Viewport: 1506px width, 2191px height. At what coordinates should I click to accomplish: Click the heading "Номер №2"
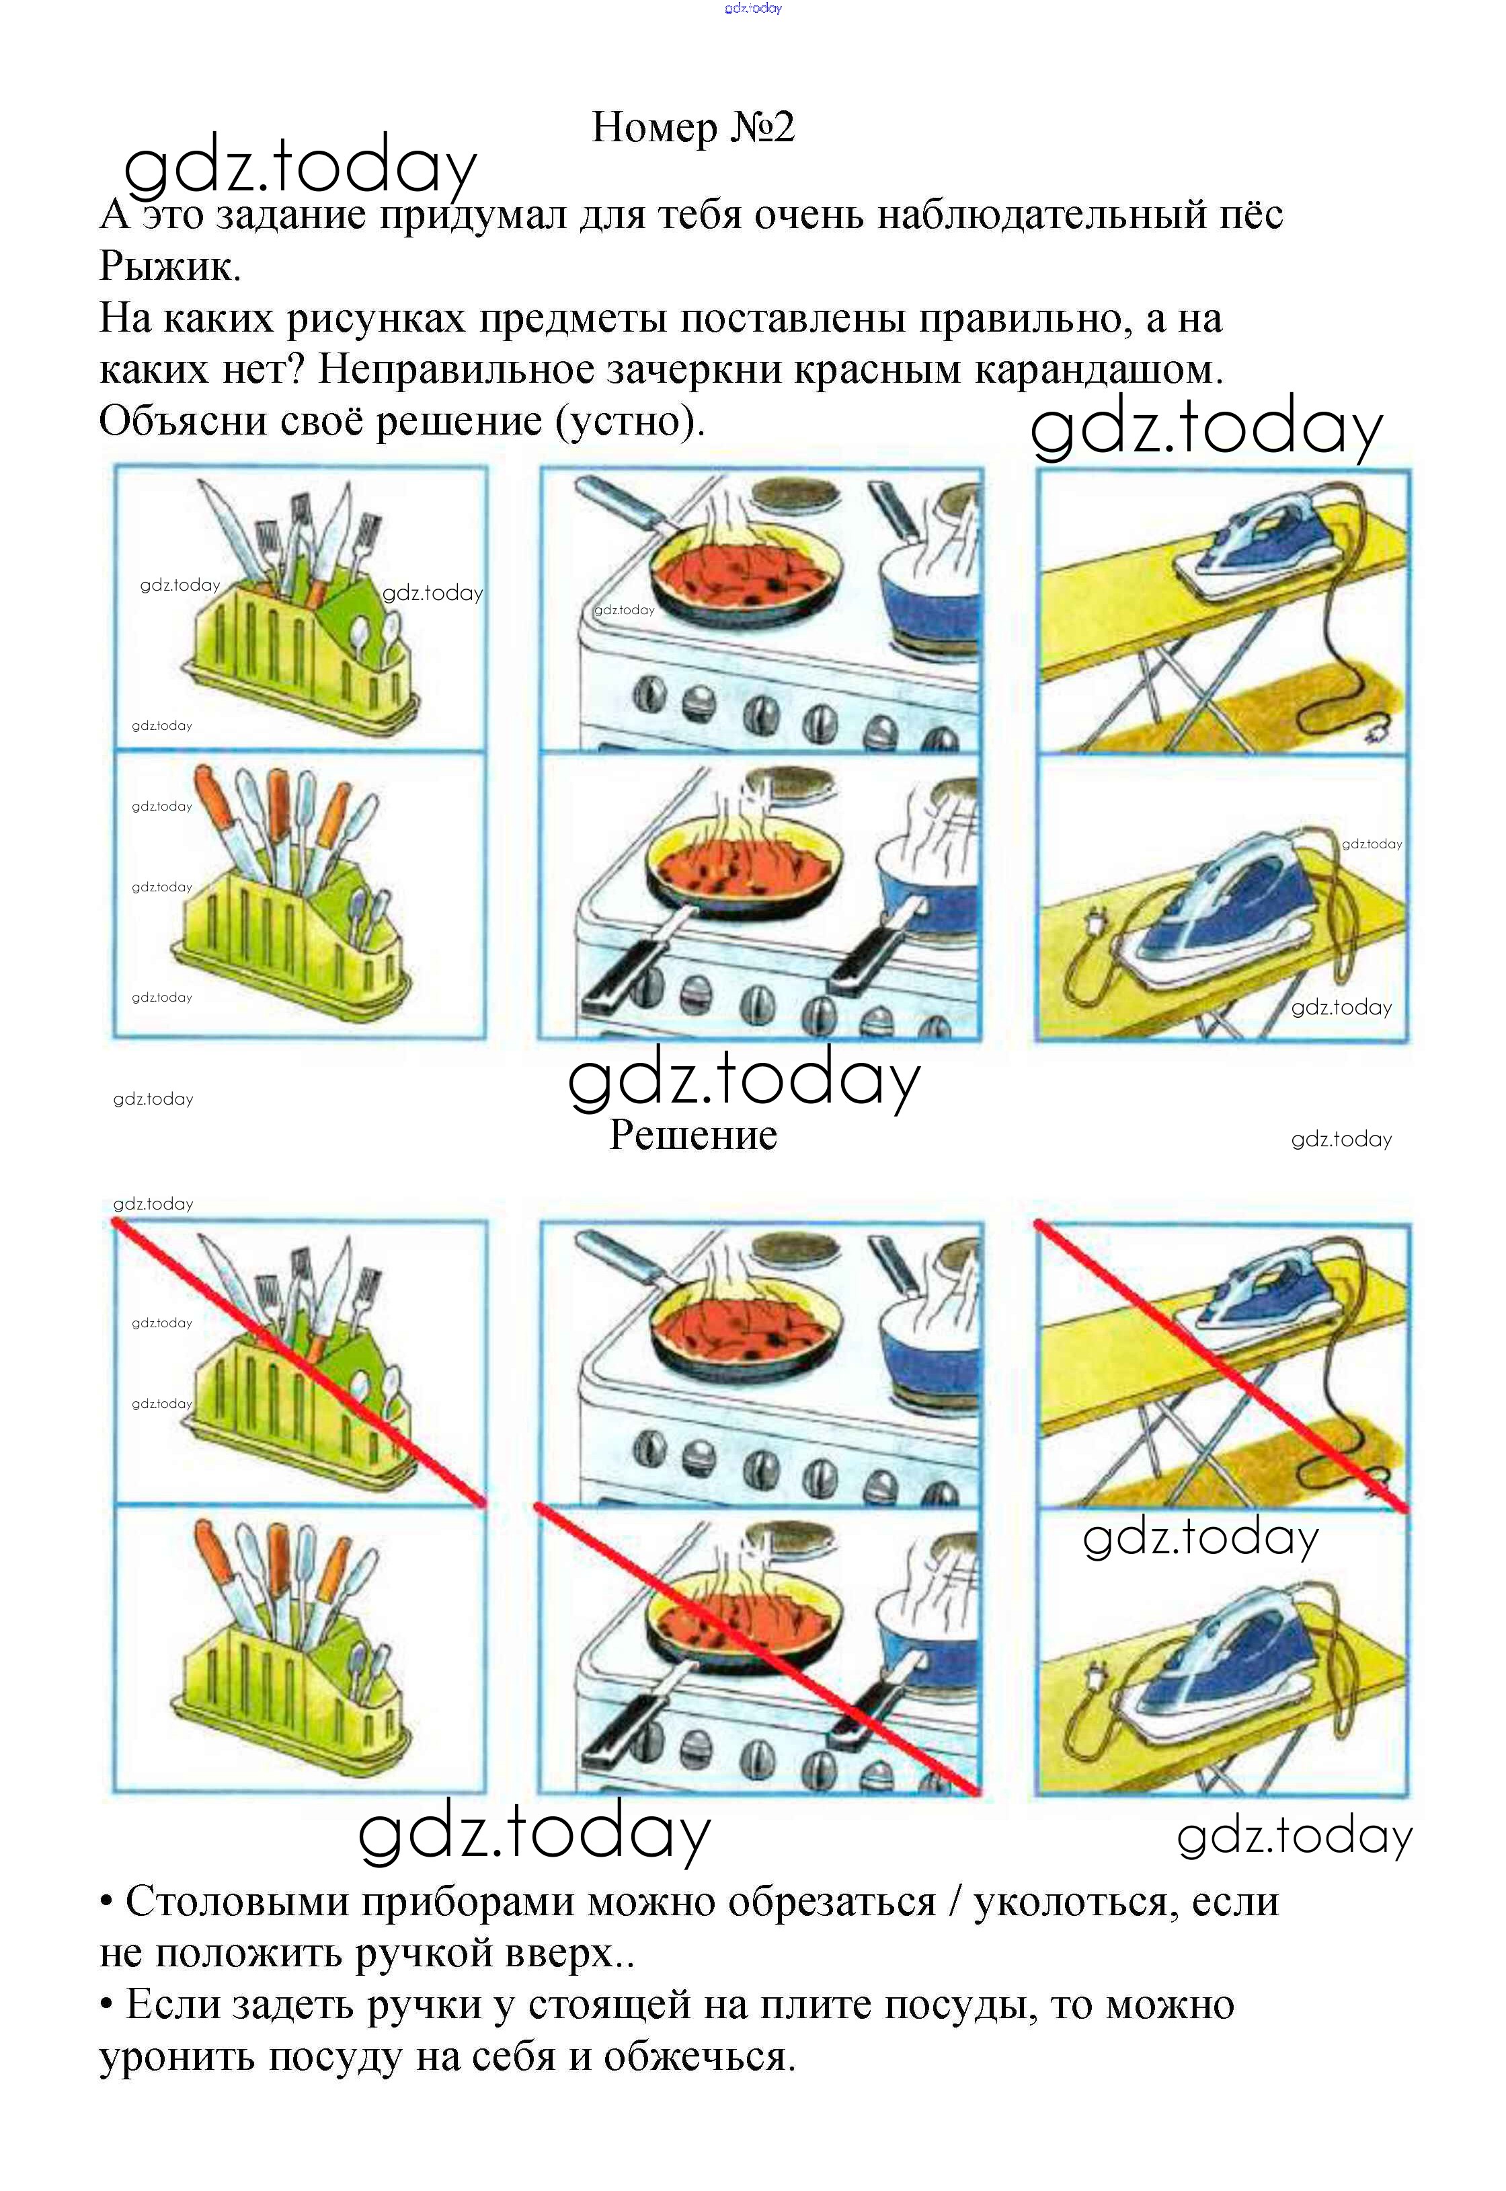694,126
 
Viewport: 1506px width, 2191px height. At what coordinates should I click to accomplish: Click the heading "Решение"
694,1135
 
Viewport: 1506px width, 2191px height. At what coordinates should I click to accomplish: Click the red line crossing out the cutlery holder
300,1362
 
